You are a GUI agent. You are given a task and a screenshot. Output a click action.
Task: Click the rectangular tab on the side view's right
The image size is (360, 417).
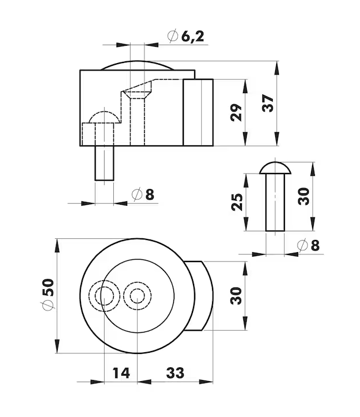[198, 113]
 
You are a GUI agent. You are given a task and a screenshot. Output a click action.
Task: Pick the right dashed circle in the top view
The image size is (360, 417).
[137, 296]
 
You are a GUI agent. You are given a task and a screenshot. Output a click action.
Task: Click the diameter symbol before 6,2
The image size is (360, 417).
[172, 36]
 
